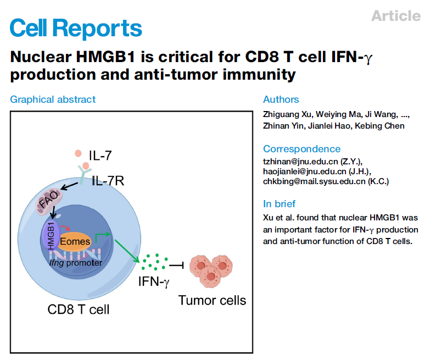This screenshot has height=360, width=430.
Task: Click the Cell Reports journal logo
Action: click(x=76, y=28)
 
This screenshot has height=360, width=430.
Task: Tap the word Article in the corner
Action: click(x=395, y=16)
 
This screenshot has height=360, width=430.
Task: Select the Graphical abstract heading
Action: click(x=53, y=99)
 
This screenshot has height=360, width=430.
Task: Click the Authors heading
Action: click(x=281, y=99)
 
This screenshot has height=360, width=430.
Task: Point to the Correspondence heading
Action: click(x=301, y=149)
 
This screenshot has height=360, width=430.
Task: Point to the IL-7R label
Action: click(x=108, y=180)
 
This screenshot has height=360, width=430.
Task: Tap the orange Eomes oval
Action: click(x=75, y=241)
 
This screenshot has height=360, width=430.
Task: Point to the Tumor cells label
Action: click(x=212, y=300)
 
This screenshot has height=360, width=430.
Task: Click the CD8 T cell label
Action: click(x=79, y=309)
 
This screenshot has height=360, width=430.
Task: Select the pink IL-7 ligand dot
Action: click(x=78, y=153)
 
